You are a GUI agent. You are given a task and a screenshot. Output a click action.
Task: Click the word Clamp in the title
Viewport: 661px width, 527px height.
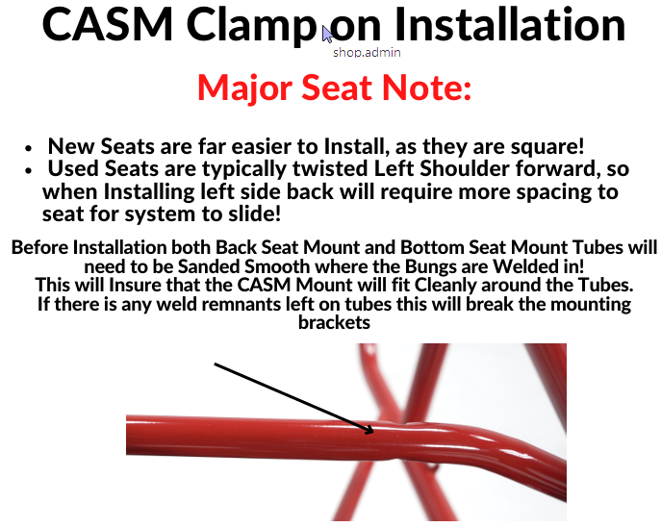(x=251, y=26)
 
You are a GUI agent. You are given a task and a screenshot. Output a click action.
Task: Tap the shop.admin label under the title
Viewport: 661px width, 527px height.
(x=367, y=53)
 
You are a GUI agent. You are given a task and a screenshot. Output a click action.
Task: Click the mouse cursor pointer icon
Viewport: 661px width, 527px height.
(x=327, y=34)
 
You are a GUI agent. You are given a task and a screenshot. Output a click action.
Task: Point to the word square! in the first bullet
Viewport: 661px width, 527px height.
(x=547, y=147)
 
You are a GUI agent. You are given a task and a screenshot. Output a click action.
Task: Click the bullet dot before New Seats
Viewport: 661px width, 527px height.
(x=28, y=148)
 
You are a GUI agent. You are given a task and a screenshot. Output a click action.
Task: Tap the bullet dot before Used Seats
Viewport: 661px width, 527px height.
(x=28, y=170)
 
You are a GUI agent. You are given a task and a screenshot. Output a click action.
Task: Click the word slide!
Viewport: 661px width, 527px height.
(x=255, y=214)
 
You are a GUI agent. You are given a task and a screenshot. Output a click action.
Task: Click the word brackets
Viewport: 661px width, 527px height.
(x=334, y=323)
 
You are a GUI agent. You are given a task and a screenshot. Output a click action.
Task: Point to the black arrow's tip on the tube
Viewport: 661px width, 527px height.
(x=373, y=432)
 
